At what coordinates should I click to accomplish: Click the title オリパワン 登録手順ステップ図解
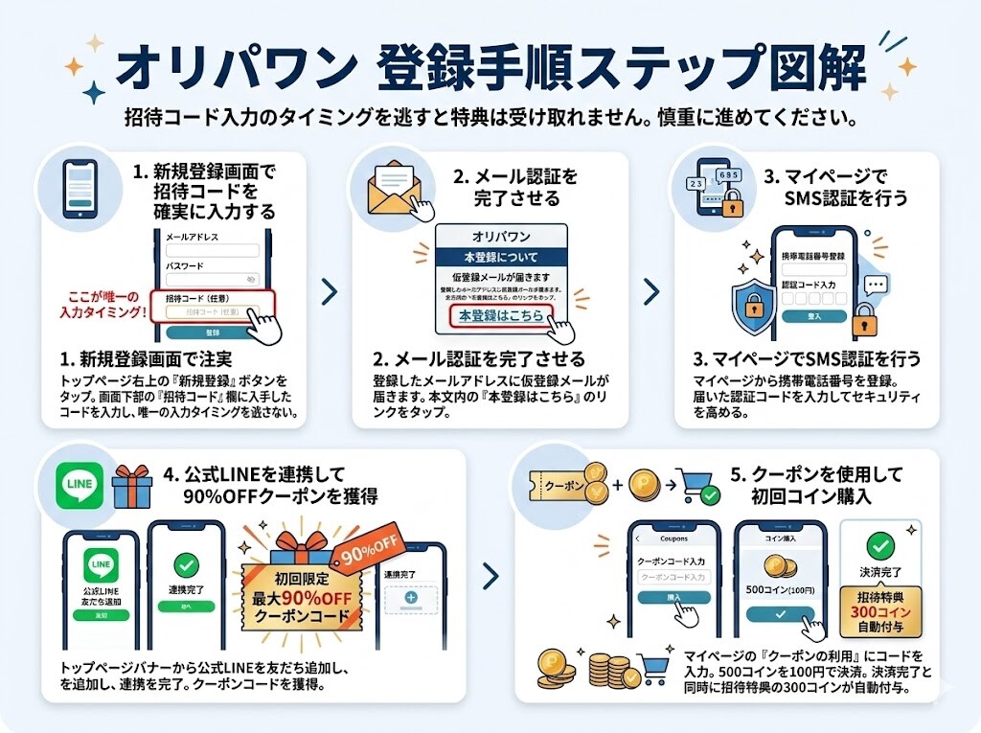click(490, 67)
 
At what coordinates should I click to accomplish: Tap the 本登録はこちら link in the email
click(500, 315)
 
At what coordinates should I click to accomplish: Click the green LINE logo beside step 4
click(80, 487)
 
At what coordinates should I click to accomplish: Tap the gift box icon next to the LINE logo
click(132, 487)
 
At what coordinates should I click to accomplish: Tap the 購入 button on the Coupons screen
click(674, 597)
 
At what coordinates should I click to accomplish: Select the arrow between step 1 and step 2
click(329, 292)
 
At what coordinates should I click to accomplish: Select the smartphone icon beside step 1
click(80, 189)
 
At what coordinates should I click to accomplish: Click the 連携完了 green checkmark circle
click(185, 564)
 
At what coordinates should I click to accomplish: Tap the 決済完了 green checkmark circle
click(880, 547)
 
